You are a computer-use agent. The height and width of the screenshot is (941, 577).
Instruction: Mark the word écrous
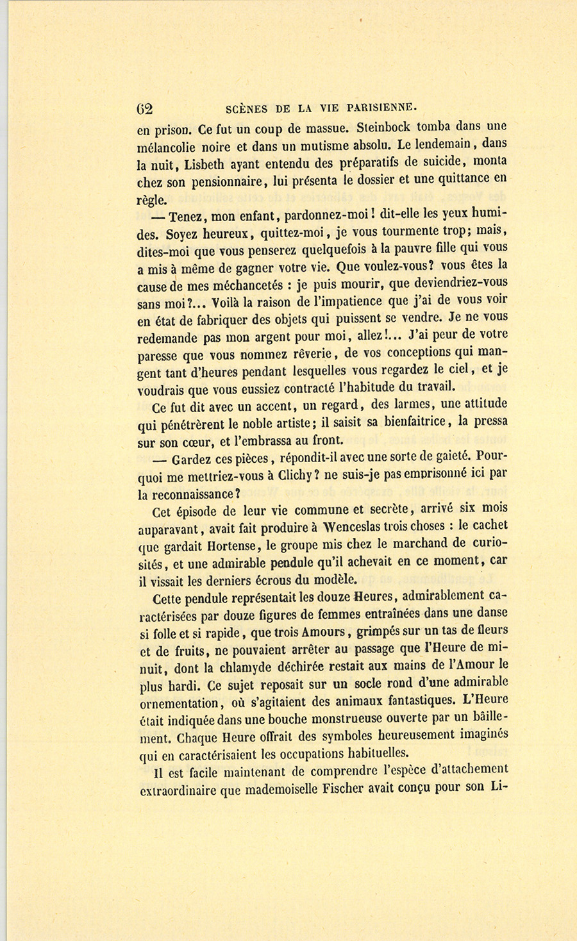click(x=299, y=580)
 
